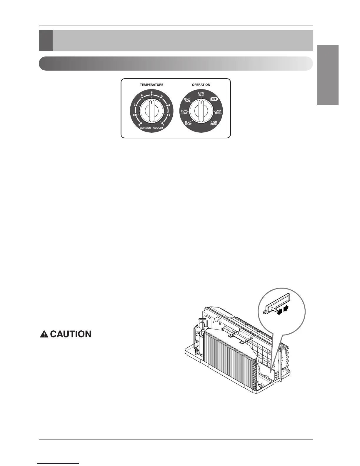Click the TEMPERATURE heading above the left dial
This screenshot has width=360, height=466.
coord(151,85)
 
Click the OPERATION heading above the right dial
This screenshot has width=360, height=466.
coord(201,85)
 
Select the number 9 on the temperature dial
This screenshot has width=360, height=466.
coord(139,126)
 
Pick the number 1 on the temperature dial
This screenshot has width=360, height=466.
coord(164,126)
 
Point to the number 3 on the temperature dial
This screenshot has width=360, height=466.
coord(169,105)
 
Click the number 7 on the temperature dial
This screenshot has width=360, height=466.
coord(134,105)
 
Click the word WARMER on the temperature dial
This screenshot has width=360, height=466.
coord(145,128)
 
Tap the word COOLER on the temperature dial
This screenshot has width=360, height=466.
coord(158,128)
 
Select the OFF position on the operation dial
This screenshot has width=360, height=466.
coord(214,99)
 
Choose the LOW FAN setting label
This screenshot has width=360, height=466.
coord(201,94)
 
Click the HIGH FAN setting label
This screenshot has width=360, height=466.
coord(187,100)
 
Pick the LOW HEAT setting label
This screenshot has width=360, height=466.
coord(184,112)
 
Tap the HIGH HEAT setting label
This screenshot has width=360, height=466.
coord(188,123)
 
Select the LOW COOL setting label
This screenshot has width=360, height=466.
coord(219,112)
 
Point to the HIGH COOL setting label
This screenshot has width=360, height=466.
coord(214,123)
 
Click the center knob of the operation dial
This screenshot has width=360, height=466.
coord(201,111)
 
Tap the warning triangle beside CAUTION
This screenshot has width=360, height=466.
coord(44,334)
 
